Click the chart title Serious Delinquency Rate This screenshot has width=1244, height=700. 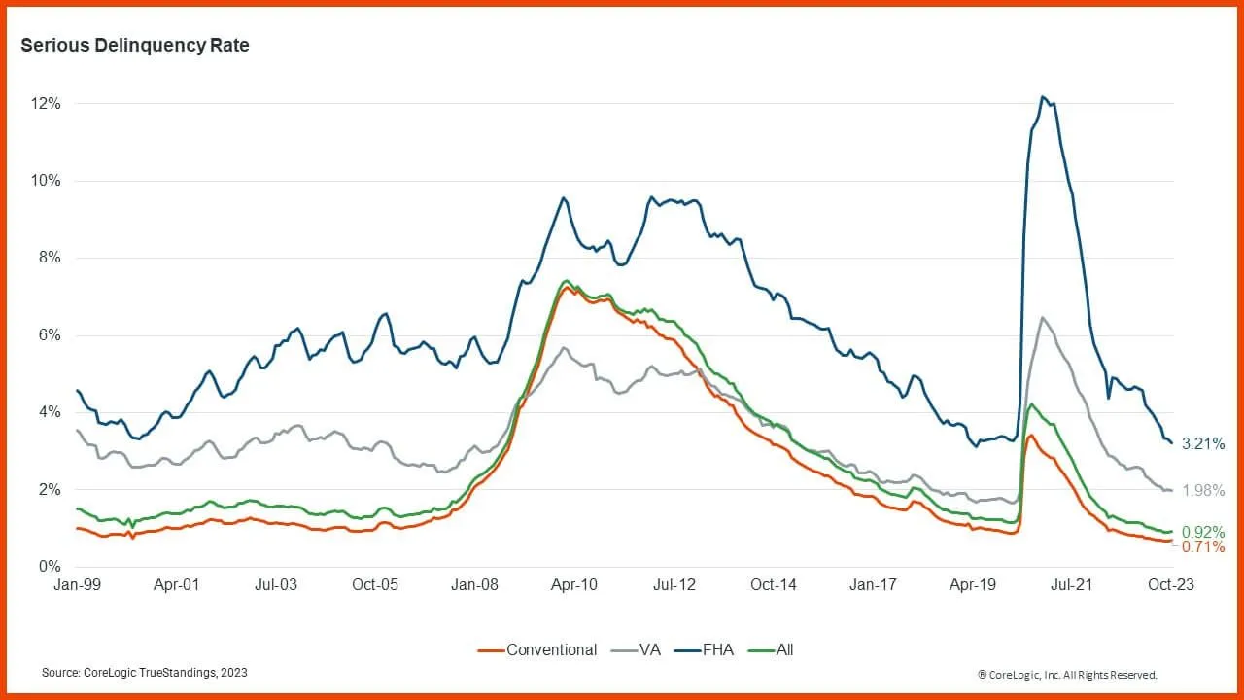135,46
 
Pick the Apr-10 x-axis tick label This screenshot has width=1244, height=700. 573,585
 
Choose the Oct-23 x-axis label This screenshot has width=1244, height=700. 1170,585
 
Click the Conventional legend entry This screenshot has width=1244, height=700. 551,649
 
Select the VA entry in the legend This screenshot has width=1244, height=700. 648,649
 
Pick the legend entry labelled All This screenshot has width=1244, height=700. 784,649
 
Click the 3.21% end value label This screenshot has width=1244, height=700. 1203,444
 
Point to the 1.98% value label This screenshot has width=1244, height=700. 1203,491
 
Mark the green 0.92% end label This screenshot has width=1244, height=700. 1203,533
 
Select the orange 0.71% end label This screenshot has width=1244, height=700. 1203,547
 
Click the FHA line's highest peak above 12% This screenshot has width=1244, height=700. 1042,97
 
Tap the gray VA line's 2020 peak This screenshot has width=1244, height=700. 1042,318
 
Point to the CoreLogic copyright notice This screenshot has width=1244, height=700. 1067,674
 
